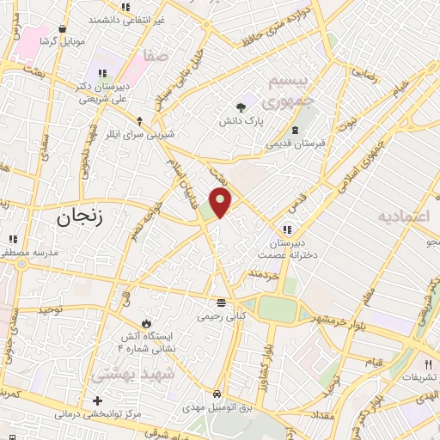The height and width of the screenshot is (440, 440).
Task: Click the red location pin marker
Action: [222, 201]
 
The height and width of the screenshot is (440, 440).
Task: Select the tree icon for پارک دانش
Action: [241, 107]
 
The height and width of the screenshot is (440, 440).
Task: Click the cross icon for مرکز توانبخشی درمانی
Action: [97, 400]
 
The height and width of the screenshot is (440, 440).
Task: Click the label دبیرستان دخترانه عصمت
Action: [286, 248]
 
